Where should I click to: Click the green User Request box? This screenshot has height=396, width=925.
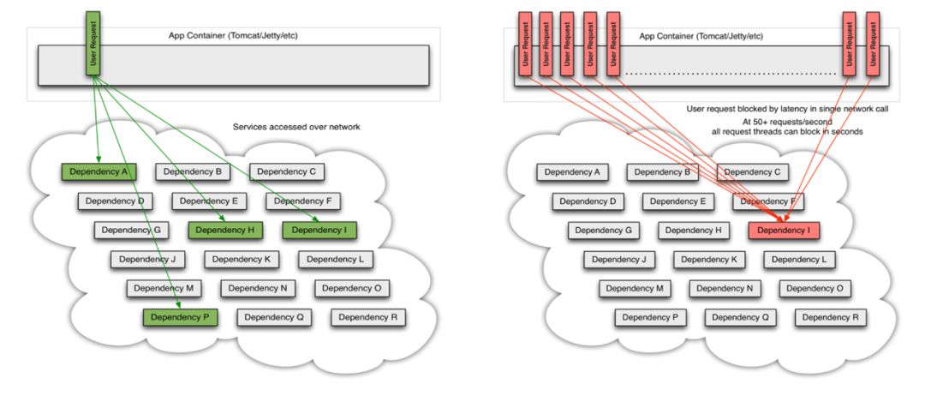[93, 43]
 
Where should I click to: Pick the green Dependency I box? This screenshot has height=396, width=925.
[319, 230]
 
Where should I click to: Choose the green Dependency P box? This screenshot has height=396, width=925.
[180, 317]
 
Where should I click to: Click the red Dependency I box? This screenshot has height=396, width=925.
[784, 231]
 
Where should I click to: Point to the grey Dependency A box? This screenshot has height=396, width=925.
[573, 172]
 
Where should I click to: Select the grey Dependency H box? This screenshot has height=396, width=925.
[695, 231]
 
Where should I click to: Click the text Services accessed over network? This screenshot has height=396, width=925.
[296, 127]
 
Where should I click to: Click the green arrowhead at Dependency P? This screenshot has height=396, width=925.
[177, 304]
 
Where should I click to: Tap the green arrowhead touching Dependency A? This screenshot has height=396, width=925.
[98, 159]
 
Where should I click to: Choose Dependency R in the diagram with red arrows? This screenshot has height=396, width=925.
[831, 317]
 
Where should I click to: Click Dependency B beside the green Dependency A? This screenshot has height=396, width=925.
[192, 171]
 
